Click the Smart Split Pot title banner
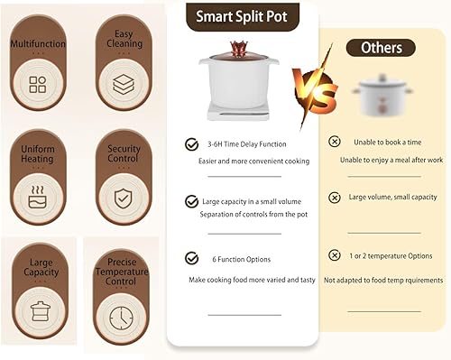point(243,17)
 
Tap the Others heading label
point(381,48)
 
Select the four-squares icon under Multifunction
point(38,84)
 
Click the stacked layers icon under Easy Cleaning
point(124,84)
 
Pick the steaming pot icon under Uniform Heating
point(38,197)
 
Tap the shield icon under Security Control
point(123,198)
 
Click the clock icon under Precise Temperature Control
point(121,318)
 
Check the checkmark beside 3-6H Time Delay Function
point(191,144)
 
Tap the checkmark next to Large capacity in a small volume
point(191,201)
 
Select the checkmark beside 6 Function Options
point(191,258)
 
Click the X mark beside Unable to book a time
point(334,142)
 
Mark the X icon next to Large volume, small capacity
point(334,198)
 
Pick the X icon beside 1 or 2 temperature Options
point(334,255)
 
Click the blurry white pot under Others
point(382,96)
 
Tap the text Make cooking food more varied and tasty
point(252,280)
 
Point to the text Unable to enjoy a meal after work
point(391,160)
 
